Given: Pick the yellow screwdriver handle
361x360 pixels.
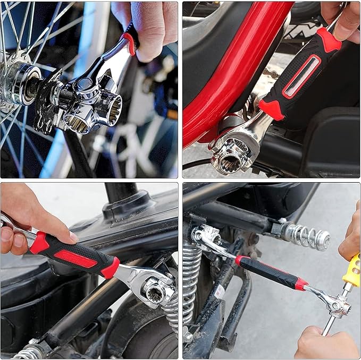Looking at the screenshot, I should (351, 271).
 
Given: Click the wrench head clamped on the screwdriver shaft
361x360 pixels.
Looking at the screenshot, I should (337, 305).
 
